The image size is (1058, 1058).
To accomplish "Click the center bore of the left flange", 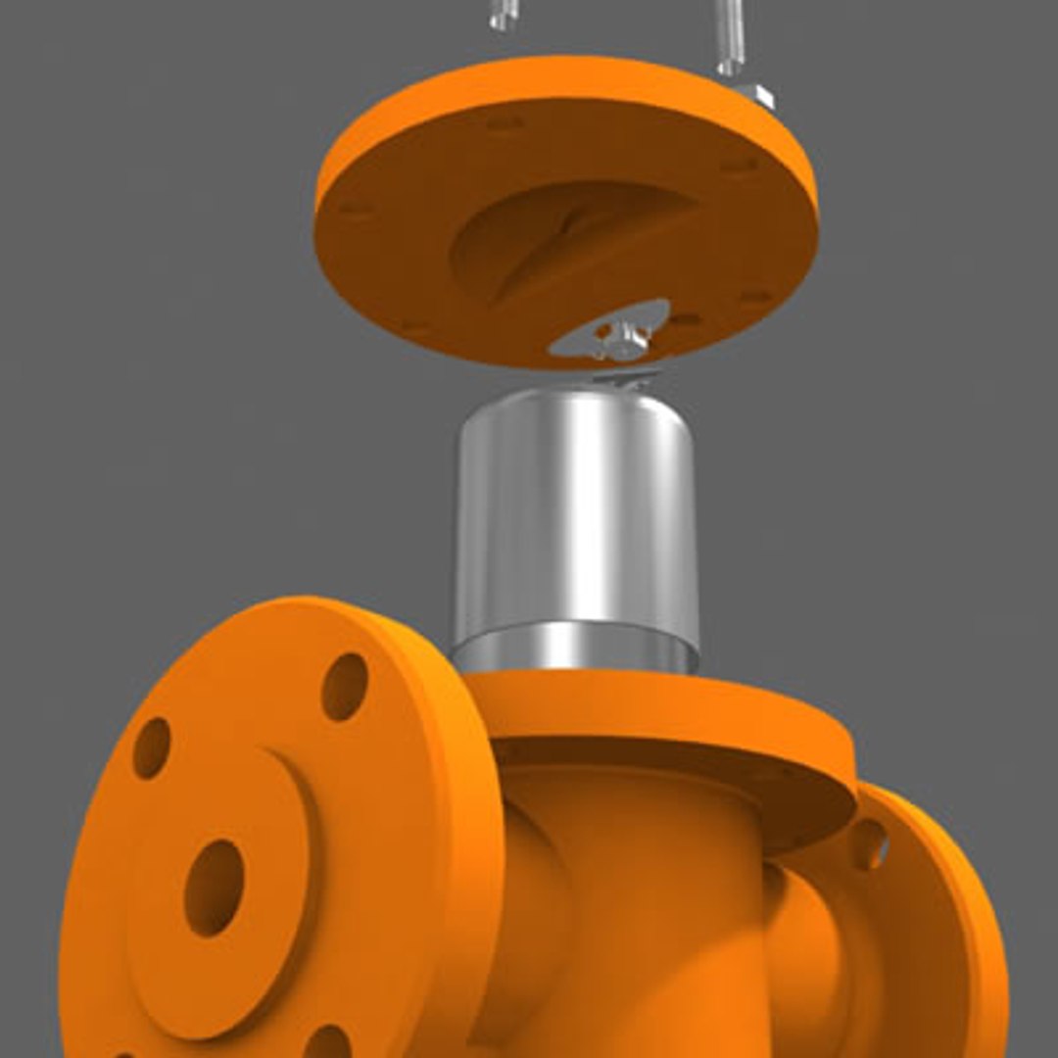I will click(214, 887).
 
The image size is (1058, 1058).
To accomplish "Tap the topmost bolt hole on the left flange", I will click(345, 686).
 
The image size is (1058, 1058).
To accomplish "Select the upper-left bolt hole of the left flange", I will click(152, 747).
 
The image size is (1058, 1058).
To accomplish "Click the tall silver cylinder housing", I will click(575, 509).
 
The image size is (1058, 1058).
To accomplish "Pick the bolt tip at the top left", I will click(503, 14).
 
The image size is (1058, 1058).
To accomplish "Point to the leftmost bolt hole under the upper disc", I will click(355, 208).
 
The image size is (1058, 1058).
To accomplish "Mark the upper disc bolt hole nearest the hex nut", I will click(741, 165).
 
